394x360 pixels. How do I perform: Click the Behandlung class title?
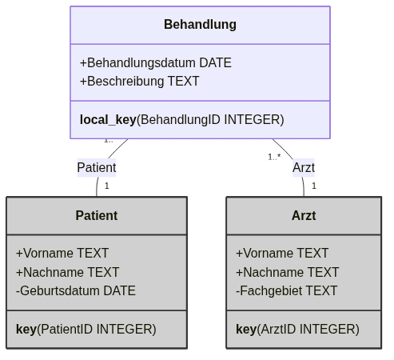coord(200,25)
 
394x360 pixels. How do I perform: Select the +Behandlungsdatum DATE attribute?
coord(156,63)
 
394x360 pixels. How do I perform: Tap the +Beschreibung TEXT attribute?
coord(140,81)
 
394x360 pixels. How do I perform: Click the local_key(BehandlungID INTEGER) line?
coord(182,119)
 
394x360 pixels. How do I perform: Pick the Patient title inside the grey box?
coord(97,215)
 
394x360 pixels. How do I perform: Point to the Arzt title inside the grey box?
coord(304,215)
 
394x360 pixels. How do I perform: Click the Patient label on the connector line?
coord(97,168)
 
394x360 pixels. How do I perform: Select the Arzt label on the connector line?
coord(304,168)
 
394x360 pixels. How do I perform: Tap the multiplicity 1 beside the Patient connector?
coord(107,186)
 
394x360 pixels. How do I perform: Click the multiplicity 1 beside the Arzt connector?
coord(314,186)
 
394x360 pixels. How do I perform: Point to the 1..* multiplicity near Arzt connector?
coord(274,157)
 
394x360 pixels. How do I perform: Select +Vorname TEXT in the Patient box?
coord(62,253)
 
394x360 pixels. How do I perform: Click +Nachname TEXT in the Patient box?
coord(68,272)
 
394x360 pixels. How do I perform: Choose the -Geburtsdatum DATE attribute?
coord(76,290)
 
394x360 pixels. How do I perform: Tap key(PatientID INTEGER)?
coord(86,329)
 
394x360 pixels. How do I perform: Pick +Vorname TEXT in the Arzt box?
coord(282,253)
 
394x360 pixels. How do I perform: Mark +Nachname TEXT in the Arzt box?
coord(288,272)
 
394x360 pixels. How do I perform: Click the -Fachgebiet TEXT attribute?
coord(287,290)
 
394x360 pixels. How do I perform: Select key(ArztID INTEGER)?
coord(297,329)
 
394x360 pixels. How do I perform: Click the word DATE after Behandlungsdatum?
coord(215,63)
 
